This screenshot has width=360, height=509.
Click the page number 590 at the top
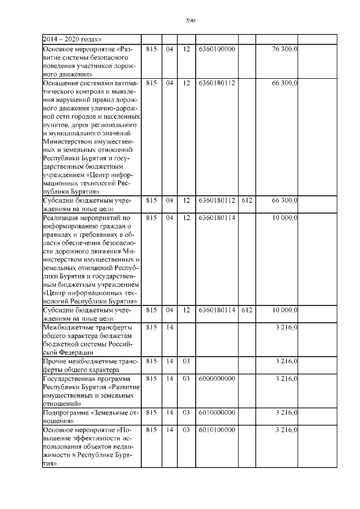(x=190, y=21)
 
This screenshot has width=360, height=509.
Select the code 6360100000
(x=217, y=49)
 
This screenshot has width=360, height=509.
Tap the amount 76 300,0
(x=284, y=49)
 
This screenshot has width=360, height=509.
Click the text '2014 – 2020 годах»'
(x=72, y=39)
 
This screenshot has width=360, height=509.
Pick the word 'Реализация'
(x=62, y=217)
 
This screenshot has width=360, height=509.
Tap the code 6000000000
(x=217, y=379)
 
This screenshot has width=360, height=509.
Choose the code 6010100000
(x=217, y=430)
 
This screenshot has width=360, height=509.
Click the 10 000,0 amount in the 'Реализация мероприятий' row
(x=285, y=217)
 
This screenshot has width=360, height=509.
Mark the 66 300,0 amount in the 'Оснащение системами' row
(x=284, y=83)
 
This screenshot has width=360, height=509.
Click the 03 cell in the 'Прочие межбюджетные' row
(x=186, y=362)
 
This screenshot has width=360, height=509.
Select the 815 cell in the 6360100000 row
(x=151, y=49)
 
